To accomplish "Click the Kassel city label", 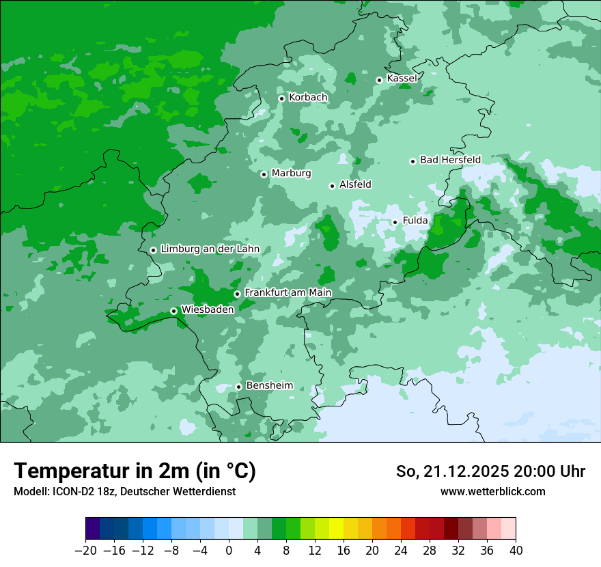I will (402, 79).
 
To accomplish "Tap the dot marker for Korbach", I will (281, 98).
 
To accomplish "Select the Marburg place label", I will (291, 174).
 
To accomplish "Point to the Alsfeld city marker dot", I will (332, 186).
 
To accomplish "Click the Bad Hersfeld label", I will (450, 160).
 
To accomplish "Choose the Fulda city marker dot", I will (395, 222).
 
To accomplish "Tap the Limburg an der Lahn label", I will (210, 249).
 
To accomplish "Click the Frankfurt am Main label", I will (288, 293).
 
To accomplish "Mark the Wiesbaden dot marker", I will (174, 311).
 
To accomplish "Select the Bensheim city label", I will (269, 386).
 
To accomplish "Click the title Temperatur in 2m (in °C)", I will (135, 471).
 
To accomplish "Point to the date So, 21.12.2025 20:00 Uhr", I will (490, 471).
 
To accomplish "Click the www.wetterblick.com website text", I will (492, 492).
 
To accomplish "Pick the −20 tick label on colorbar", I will (85, 551).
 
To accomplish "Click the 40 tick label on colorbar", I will (516, 551).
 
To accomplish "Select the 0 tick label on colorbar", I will (229, 551).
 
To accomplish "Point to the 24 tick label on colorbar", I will (401, 551).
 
